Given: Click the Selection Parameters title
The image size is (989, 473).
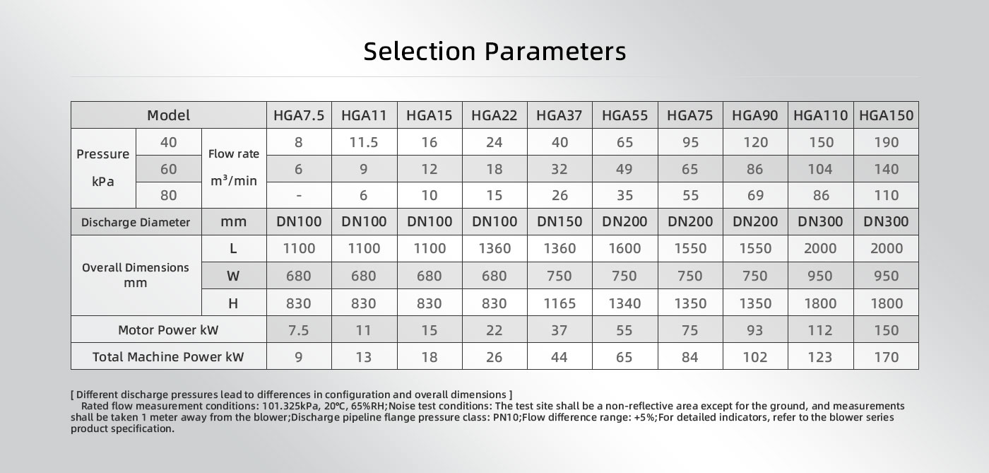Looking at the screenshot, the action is (494, 51).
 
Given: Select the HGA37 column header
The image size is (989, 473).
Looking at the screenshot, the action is (559, 115).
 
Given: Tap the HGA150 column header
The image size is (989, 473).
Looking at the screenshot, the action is (886, 115).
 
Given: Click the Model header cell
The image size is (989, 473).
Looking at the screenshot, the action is (169, 115).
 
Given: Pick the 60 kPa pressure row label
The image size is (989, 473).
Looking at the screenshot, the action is (169, 169).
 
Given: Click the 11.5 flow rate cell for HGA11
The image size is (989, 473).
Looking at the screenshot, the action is (364, 142).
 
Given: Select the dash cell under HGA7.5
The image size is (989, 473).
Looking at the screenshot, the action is (299, 195).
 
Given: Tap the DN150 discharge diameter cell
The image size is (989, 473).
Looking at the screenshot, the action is (559, 221).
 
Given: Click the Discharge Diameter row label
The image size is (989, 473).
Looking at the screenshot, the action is (136, 222).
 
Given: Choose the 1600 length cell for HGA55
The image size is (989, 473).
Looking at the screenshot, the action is (624, 248).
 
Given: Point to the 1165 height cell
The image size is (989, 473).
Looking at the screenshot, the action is (559, 303).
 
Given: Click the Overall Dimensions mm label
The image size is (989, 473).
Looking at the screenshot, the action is (136, 275).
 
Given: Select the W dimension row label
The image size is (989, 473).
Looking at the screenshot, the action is (233, 276).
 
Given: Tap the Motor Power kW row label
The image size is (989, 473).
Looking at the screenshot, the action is (168, 329).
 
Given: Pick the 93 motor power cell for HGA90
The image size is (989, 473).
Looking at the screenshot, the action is (755, 330).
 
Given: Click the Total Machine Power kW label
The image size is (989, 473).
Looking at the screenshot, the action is (168, 357).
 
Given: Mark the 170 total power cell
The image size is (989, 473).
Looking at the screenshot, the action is (887, 357).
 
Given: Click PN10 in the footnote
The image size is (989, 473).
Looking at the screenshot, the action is (507, 417).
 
